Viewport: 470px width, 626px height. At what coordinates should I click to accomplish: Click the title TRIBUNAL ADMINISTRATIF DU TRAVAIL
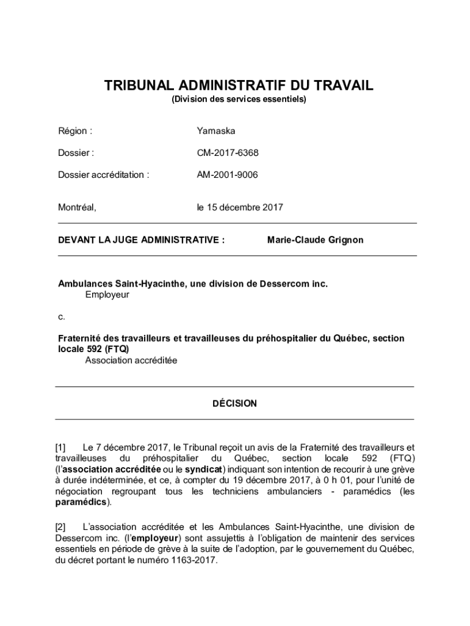tap(238, 86)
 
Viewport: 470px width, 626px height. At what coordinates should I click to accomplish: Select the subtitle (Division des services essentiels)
tap(238, 99)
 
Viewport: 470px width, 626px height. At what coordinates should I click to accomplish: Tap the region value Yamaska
tap(215, 131)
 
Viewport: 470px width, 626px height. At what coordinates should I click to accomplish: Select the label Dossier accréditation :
tap(103, 175)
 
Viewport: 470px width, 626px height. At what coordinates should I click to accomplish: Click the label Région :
tap(75, 131)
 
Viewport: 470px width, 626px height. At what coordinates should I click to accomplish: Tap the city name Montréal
tap(77, 208)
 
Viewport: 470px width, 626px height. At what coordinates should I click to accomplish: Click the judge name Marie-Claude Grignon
tap(315, 240)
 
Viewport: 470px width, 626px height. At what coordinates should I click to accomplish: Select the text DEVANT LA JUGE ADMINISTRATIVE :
tap(141, 240)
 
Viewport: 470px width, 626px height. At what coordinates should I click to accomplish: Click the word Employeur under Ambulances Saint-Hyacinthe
tap(107, 295)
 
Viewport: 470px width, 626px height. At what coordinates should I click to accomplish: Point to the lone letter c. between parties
tap(61, 317)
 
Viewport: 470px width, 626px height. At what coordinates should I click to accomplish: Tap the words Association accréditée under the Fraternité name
tap(131, 361)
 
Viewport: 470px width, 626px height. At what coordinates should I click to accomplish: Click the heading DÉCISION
tap(234, 403)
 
